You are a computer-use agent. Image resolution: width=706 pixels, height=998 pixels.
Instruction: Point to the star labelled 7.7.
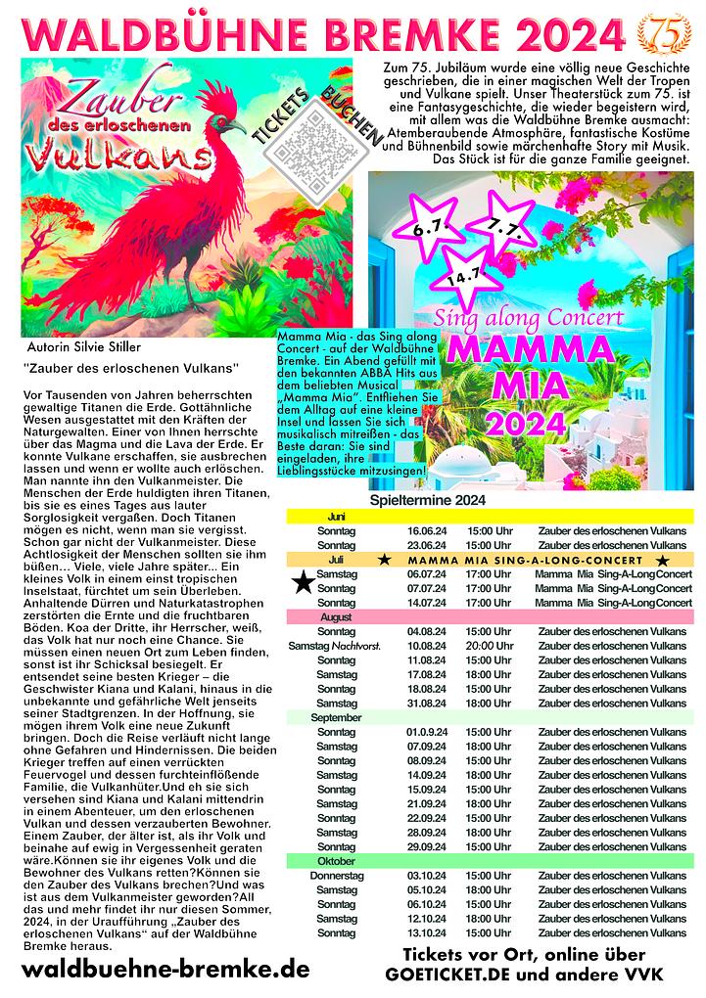pos(502,227)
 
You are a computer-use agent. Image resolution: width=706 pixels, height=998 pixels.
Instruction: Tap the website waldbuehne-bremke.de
pos(165,970)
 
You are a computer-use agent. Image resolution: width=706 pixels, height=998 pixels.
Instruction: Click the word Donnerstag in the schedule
pos(337,876)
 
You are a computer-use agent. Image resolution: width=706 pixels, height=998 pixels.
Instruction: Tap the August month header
pos(337,618)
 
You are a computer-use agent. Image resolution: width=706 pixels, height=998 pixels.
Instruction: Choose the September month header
pos(337,718)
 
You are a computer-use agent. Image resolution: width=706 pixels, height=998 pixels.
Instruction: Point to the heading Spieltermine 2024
pos(428,501)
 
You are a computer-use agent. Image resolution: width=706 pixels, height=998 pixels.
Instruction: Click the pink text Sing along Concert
pos(530,319)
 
